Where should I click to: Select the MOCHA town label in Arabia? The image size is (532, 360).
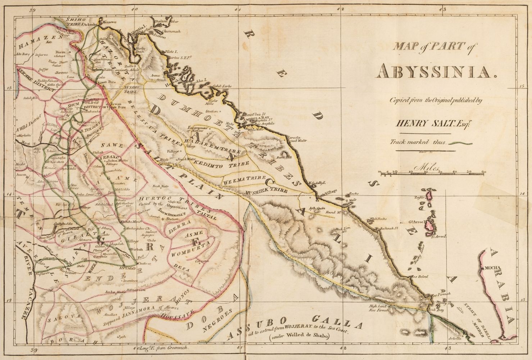pos(496,268)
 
